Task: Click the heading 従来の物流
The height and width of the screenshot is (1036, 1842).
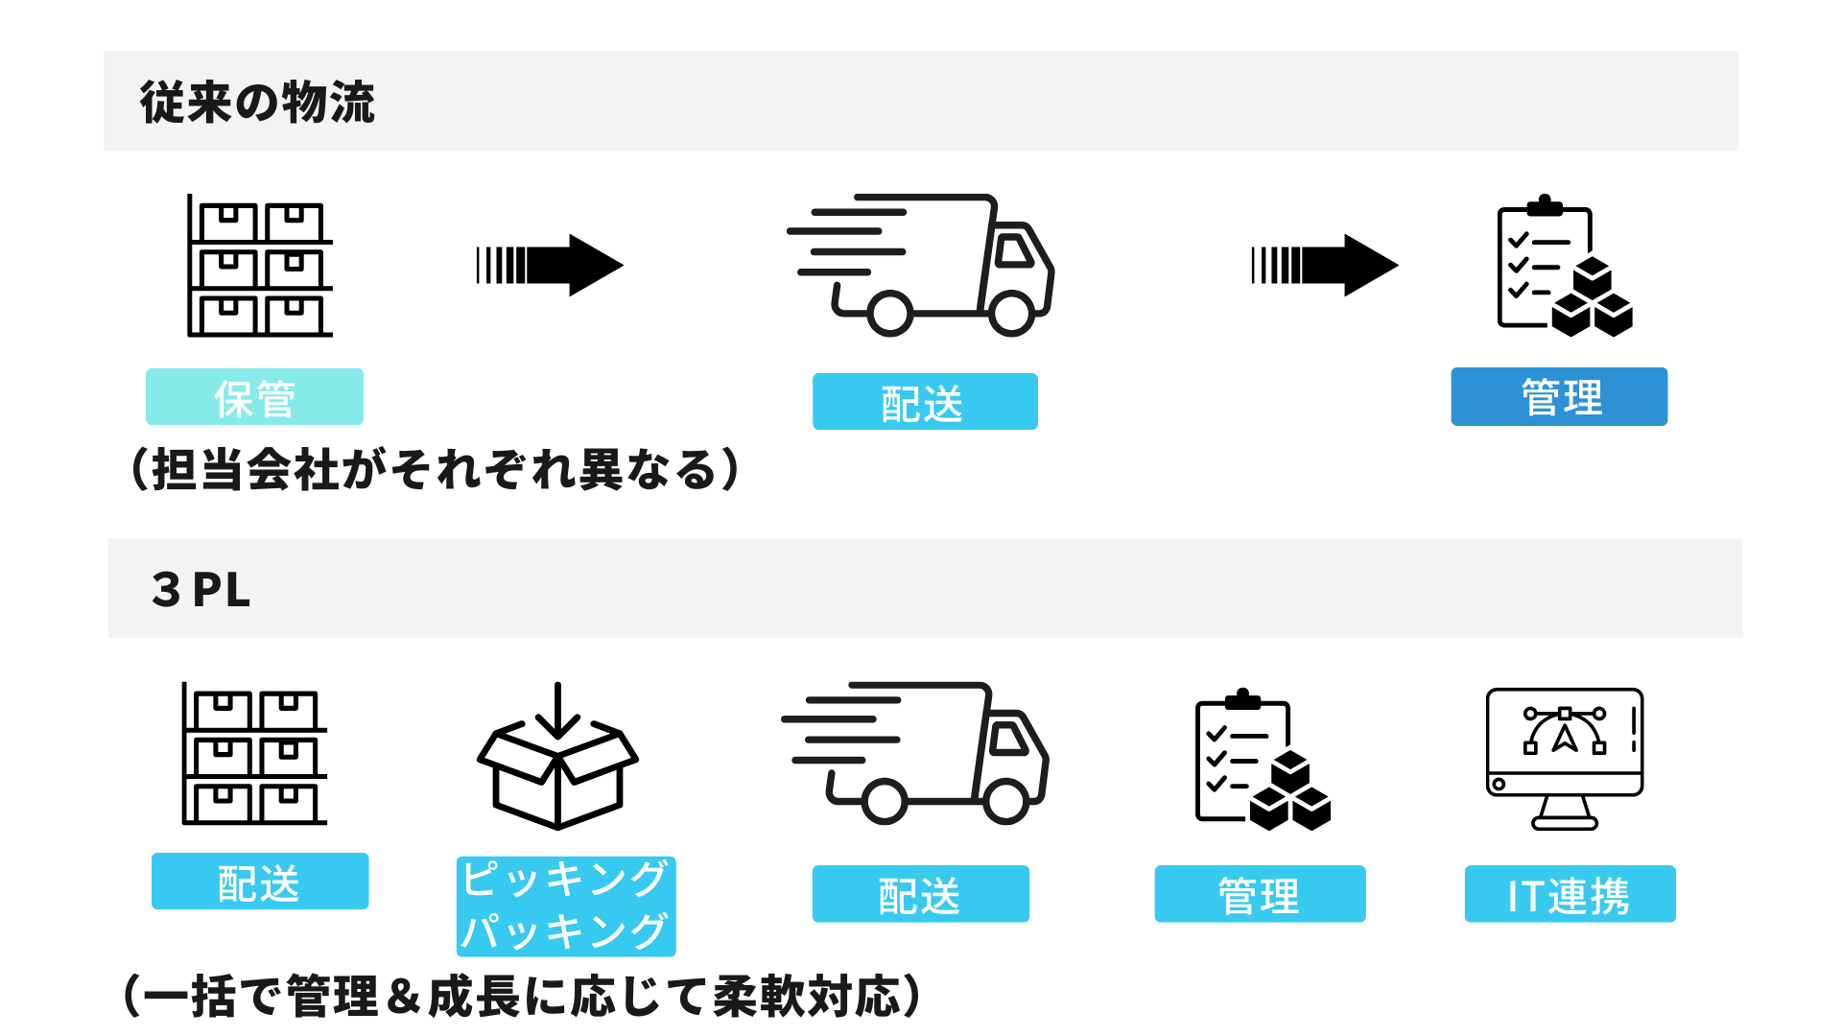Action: [x=257, y=102]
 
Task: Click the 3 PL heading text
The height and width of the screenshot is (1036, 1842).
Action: [x=201, y=589]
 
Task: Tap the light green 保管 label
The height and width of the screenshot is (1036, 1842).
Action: [x=254, y=397]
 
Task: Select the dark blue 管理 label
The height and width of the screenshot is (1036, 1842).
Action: [x=1559, y=396]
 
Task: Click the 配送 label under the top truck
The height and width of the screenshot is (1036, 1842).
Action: [x=925, y=402]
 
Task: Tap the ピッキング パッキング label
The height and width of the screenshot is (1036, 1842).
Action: [x=566, y=906]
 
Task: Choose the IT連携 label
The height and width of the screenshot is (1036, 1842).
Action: [x=1570, y=894]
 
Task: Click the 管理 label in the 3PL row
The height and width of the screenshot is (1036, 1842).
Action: [x=1260, y=894]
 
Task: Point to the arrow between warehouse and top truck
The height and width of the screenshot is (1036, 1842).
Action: [x=550, y=265]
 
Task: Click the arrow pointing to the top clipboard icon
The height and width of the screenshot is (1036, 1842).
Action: [x=1325, y=265]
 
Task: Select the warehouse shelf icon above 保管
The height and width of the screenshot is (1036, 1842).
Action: [x=259, y=267]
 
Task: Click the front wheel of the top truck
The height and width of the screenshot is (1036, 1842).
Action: [x=1011, y=313]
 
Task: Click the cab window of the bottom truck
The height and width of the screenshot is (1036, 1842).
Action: [x=1007, y=740]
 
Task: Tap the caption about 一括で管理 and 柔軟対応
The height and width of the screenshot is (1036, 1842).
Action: [x=523, y=996]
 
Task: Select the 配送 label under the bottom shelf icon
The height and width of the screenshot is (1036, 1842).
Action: [x=260, y=881]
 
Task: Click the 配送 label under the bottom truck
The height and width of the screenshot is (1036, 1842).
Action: [x=920, y=894]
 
